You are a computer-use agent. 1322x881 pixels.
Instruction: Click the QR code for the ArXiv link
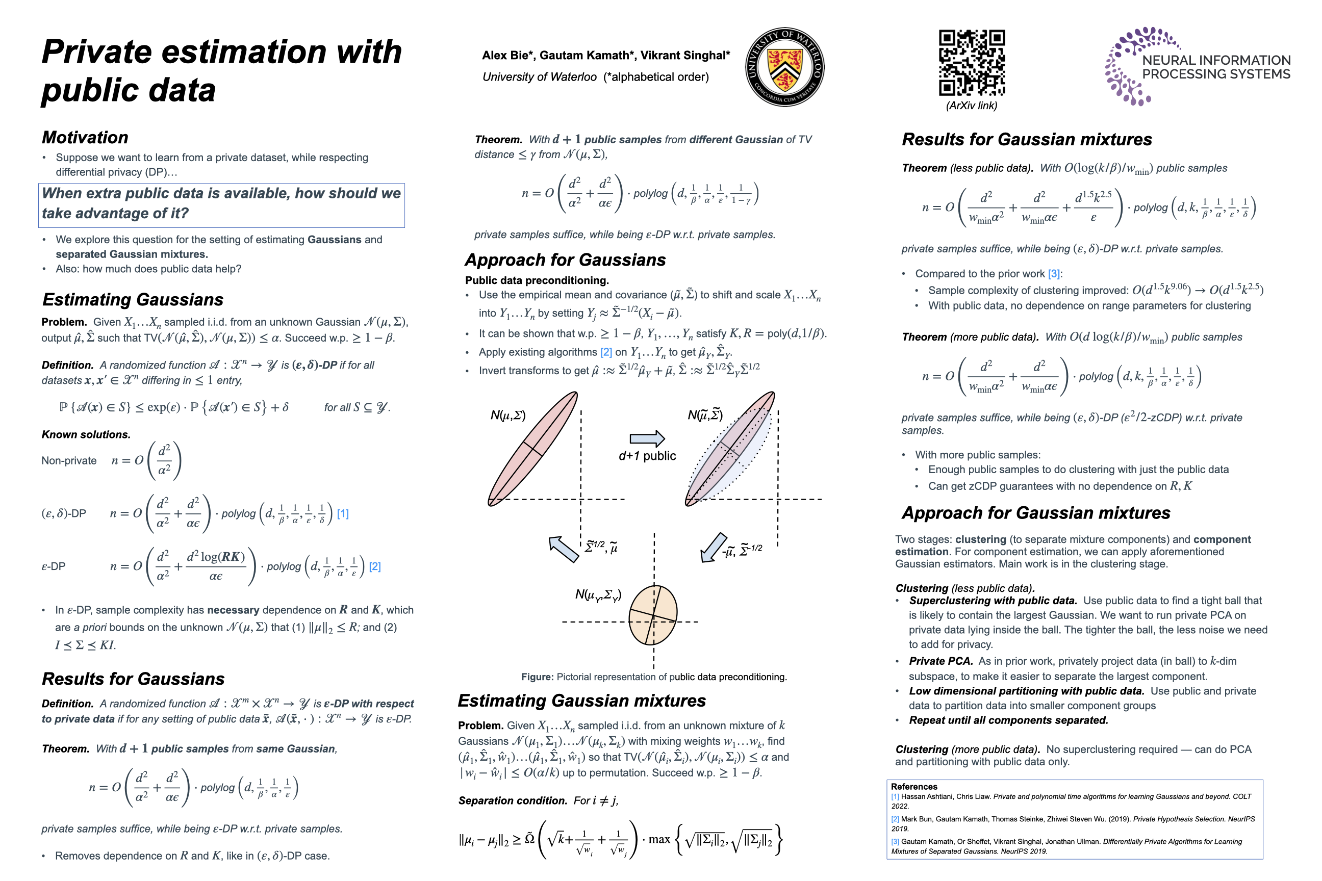[x=971, y=62]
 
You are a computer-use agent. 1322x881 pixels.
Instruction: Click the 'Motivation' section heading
[x=85, y=138]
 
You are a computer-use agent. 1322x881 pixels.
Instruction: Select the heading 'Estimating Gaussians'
[x=133, y=299]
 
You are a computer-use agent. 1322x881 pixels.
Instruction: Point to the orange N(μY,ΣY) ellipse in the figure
[x=652, y=615]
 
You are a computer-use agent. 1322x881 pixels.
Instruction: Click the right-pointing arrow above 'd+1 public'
[x=647, y=438]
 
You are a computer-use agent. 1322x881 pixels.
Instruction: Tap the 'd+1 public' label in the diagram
[x=647, y=456]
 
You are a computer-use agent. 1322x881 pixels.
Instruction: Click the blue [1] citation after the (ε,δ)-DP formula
[x=343, y=513]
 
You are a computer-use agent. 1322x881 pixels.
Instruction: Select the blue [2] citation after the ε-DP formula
[x=375, y=566]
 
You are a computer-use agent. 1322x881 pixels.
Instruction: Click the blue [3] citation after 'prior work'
[x=1054, y=274]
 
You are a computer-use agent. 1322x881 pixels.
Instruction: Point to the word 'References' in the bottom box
[x=914, y=787]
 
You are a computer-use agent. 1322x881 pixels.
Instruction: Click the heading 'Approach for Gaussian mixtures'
[x=1036, y=513]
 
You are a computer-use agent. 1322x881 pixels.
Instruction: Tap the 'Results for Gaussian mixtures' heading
[x=1027, y=139]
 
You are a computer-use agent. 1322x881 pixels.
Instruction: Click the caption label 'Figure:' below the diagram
[x=537, y=677]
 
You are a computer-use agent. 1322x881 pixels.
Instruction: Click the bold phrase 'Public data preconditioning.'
[x=537, y=280]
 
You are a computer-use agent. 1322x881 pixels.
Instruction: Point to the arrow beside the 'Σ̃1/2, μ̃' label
[x=563, y=549]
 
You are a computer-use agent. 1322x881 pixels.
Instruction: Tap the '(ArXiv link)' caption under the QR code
[x=971, y=106]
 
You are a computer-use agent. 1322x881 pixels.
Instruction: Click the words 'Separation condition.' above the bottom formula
[x=513, y=800]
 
